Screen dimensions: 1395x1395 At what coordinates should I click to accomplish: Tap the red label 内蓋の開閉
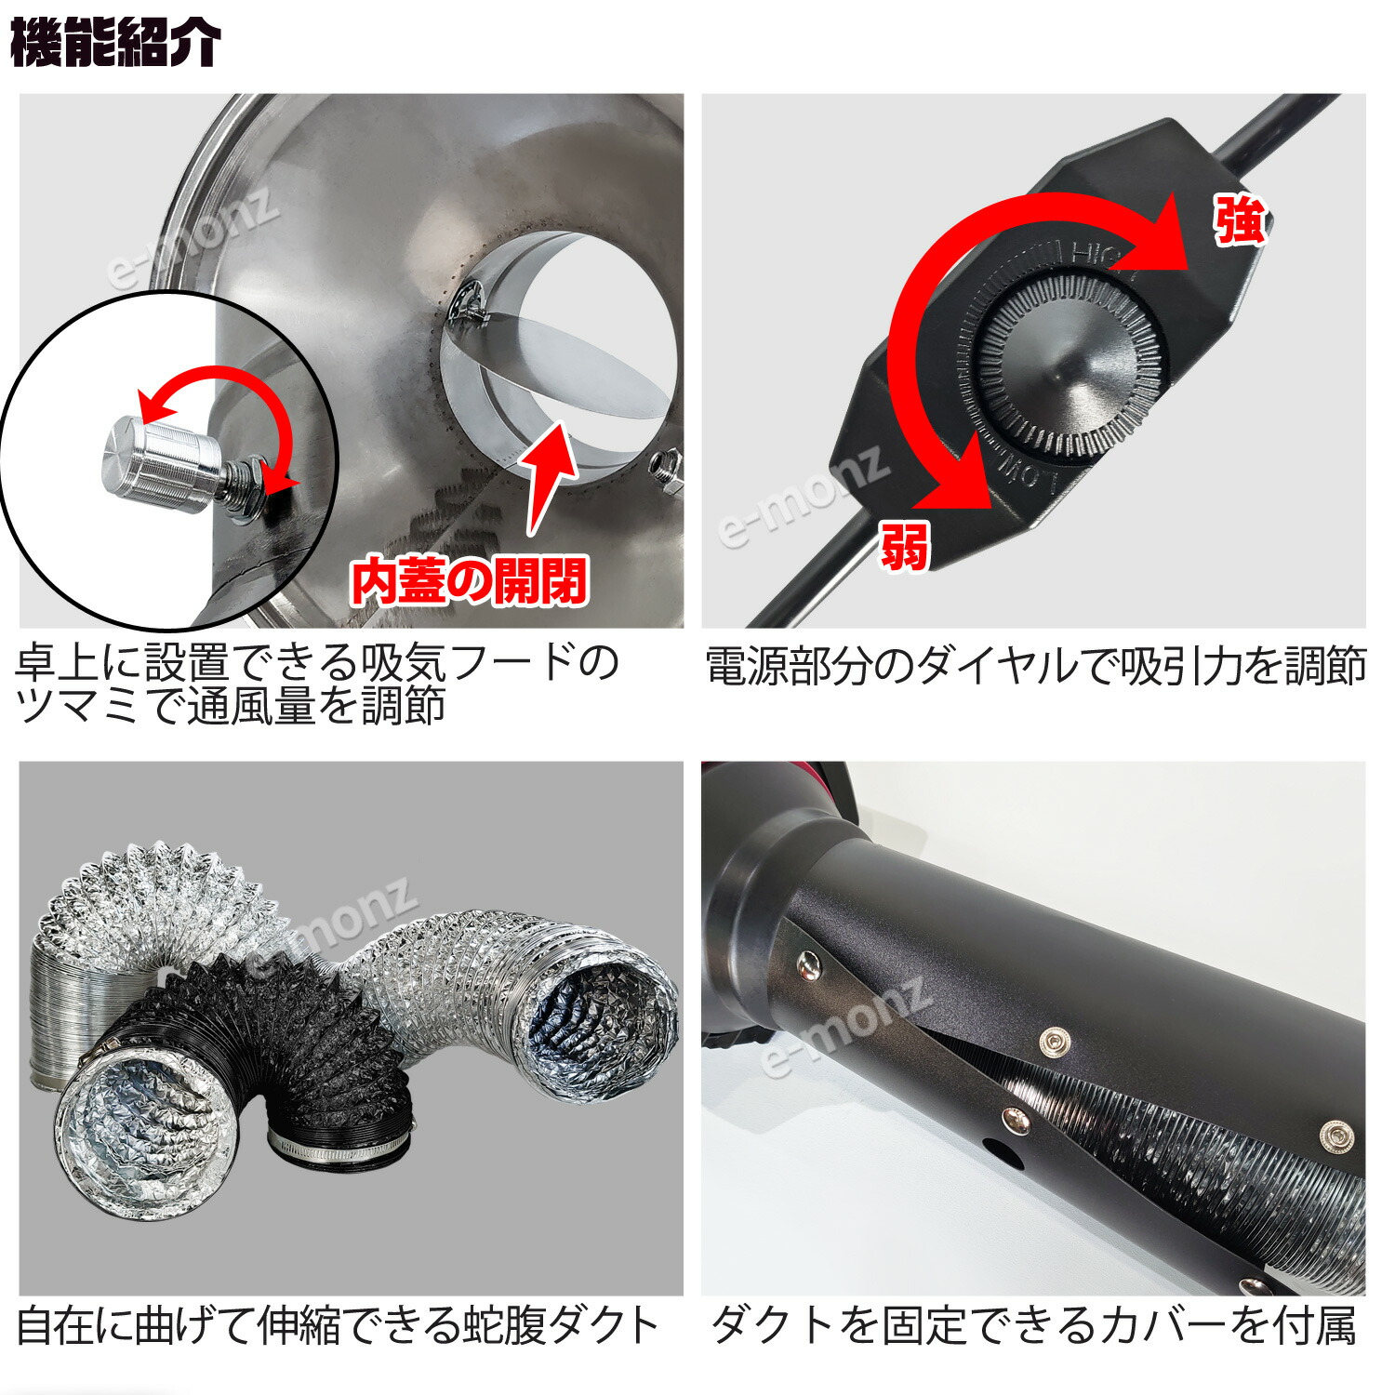click(x=468, y=581)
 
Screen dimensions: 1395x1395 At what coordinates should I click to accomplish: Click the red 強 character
click(x=1240, y=221)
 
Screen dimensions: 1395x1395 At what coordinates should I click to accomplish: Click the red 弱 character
click(x=904, y=545)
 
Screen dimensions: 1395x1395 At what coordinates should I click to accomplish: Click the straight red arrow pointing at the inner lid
click(x=549, y=474)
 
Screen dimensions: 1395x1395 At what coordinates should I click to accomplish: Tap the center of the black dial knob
click(x=1062, y=372)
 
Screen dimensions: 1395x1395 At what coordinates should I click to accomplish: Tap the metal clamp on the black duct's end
click(x=339, y=1153)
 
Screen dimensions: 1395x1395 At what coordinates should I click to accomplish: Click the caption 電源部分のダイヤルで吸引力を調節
click(x=1034, y=667)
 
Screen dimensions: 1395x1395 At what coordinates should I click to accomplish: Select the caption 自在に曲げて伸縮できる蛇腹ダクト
click(x=339, y=1325)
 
